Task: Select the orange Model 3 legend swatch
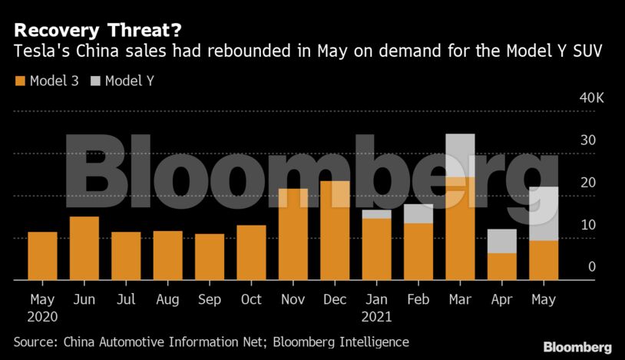(20, 81)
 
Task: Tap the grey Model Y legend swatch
(96, 81)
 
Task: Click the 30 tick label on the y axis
(588, 140)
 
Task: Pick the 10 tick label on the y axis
(588, 225)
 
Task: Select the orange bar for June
(84, 248)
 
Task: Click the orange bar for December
(335, 230)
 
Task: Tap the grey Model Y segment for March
(460, 155)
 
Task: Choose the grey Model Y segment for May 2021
(544, 213)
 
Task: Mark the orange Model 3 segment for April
(502, 266)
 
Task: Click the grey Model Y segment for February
(418, 213)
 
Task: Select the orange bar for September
(210, 256)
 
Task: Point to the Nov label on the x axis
(293, 299)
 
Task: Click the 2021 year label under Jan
(376, 315)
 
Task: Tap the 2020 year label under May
(42, 315)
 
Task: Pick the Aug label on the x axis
(168, 299)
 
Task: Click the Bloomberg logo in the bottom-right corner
(577, 347)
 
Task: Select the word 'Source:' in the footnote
(37, 342)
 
